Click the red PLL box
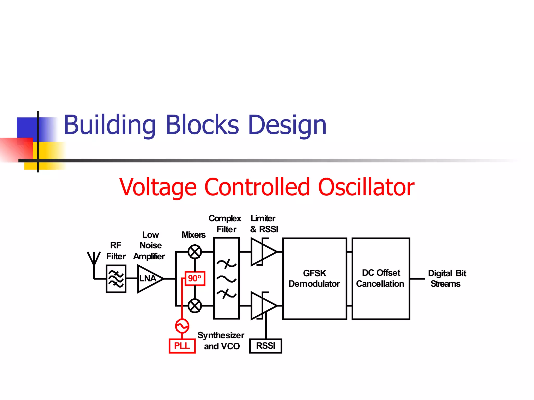pyautogui.click(x=182, y=346)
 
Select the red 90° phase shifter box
pyautogui.click(x=195, y=278)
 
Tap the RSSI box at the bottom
pyautogui.click(x=265, y=346)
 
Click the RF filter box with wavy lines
pyautogui.click(x=116, y=279)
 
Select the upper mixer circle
pyautogui.click(x=195, y=252)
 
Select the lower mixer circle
pyautogui.click(x=195, y=306)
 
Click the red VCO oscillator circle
pyautogui.click(x=182, y=326)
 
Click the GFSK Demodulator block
pyautogui.click(x=314, y=278)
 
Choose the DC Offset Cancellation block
pyautogui.click(x=381, y=278)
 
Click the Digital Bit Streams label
pyautogui.click(x=446, y=278)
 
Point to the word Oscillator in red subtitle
pyautogui.click(x=366, y=187)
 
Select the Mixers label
pyautogui.click(x=193, y=235)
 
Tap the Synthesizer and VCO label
pyautogui.click(x=221, y=341)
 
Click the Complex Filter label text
pyautogui.click(x=225, y=224)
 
